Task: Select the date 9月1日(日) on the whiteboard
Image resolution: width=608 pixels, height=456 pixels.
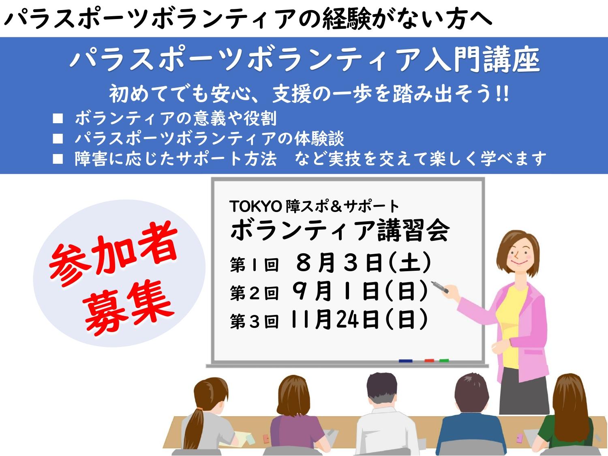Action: click(x=360, y=291)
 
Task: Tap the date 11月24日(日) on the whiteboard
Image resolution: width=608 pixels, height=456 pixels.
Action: click(x=359, y=319)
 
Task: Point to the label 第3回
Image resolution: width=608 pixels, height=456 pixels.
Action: click(x=254, y=321)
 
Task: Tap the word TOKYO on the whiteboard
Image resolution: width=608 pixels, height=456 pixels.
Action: click(x=255, y=206)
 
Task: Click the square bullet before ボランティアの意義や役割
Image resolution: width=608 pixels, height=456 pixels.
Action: click(x=58, y=118)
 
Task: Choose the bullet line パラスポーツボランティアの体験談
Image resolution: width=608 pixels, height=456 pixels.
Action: click(x=210, y=139)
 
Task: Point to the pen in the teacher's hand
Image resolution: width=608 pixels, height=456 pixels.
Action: click(x=440, y=287)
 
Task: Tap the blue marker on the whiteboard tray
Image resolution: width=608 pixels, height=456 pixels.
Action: click(x=405, y=361)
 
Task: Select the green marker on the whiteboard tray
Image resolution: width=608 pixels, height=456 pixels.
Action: click(x=444, y=360)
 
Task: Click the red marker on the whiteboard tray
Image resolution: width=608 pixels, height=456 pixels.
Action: click(x=429, y=360)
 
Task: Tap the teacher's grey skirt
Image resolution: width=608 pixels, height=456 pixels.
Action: click(x=524, y=390)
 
